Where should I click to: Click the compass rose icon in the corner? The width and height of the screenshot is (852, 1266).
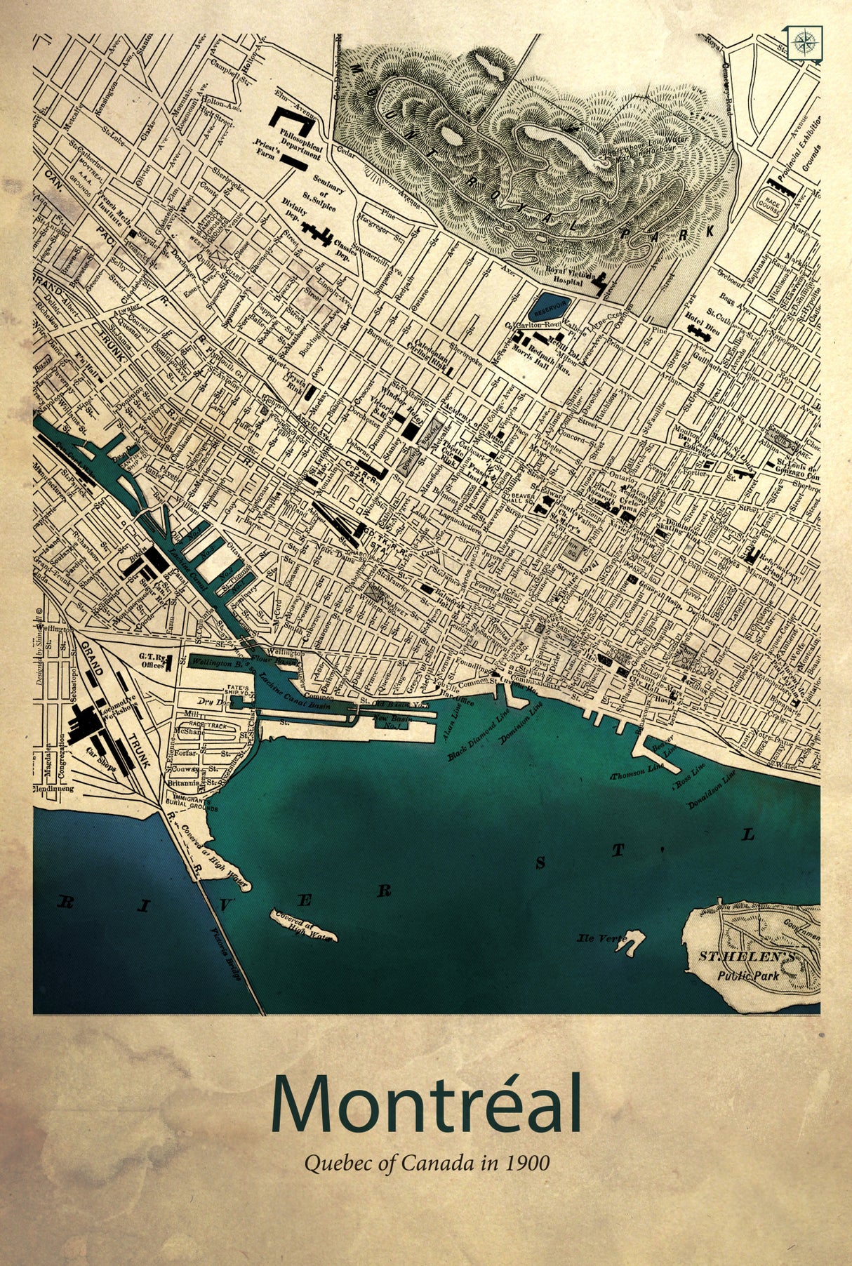[x=804, y=43]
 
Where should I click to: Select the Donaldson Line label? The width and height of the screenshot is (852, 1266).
[x=712, y=789]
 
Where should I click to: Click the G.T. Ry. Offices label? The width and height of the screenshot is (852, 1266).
[x=151, y=660]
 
